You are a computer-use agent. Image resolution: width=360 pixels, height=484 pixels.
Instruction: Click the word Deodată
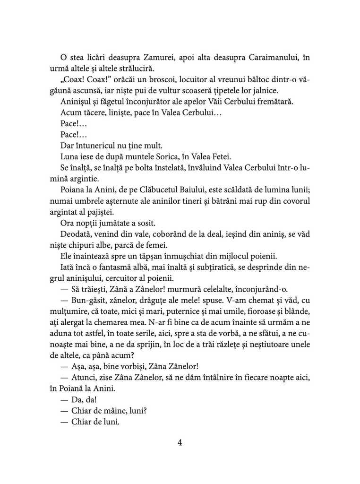point(77,233)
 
